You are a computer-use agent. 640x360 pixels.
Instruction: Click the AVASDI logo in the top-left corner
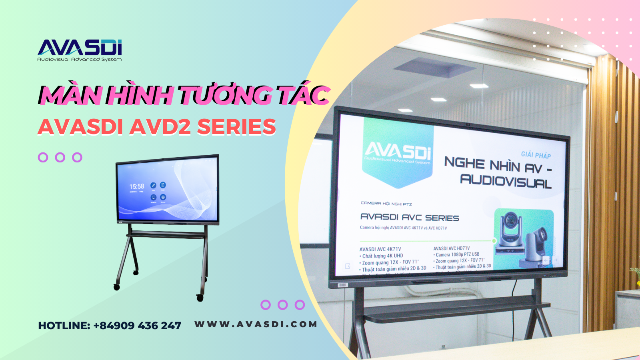pyautogui.click(x=80, y=47)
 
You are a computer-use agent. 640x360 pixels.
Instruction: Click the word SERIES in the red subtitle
pyautogui.click(x=236, y=127)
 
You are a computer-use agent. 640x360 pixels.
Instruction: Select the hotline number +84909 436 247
pyautogui.click(x=137, y=326)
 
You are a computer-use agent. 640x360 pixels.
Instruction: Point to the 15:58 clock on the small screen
pyautogui.click(x=136, y=186)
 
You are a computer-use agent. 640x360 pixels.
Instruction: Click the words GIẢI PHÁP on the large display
pyautogui.click(x=536, y=155)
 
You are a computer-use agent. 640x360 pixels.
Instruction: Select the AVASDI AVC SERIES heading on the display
pyautogui.click(x=410, y=217)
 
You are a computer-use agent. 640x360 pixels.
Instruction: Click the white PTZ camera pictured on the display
pyautogui.click(x=509, y=232)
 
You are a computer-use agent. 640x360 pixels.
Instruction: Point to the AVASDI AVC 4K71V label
pyautogui.click(x=380, y=249)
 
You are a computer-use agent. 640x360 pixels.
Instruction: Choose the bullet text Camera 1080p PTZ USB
pyautogui.click(x=457, y=254)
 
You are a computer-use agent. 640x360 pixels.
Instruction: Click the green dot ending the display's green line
pyautogui.click(x=494, y=240)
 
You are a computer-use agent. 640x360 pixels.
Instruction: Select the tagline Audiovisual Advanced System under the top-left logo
pyautogui.click(x=80, y=59)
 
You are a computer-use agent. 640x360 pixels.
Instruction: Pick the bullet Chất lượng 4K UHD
pyautogui.click(x=382, y=256)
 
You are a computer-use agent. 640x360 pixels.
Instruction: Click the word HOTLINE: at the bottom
pyautogui.click(x=64, y=326)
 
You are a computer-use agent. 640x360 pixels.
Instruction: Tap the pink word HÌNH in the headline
pyautogui.click(x=140, y=95)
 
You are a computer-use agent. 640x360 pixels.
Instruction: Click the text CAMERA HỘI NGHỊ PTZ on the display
pyautogui.click(x=386, y=204)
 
